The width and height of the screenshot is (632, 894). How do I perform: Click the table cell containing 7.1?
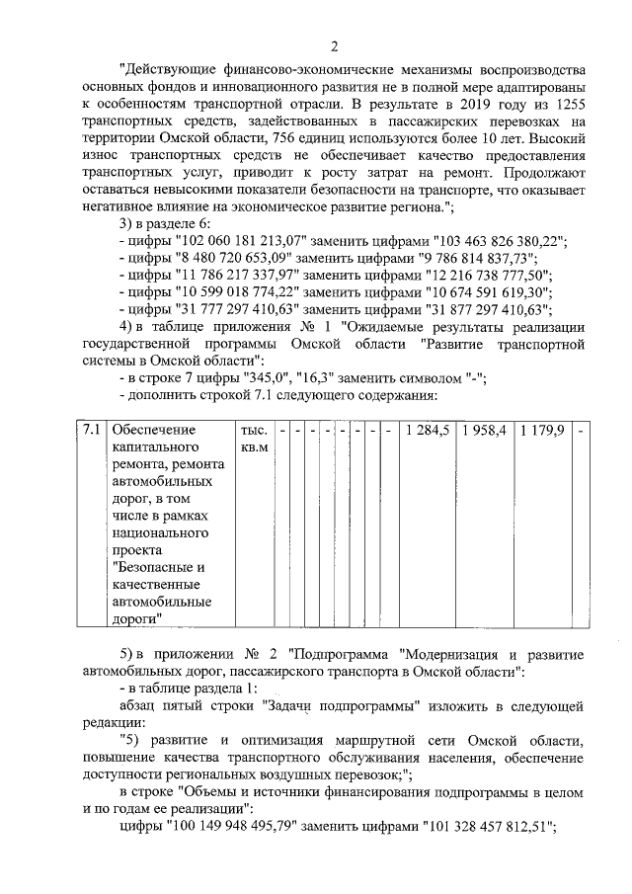[x=91, y=431]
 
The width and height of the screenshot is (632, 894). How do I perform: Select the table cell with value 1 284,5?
[x=428, y=431]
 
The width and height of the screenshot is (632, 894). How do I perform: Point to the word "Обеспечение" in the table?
[x=155, y=431]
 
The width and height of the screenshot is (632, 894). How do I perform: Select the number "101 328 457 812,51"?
[x=487, y=827]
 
